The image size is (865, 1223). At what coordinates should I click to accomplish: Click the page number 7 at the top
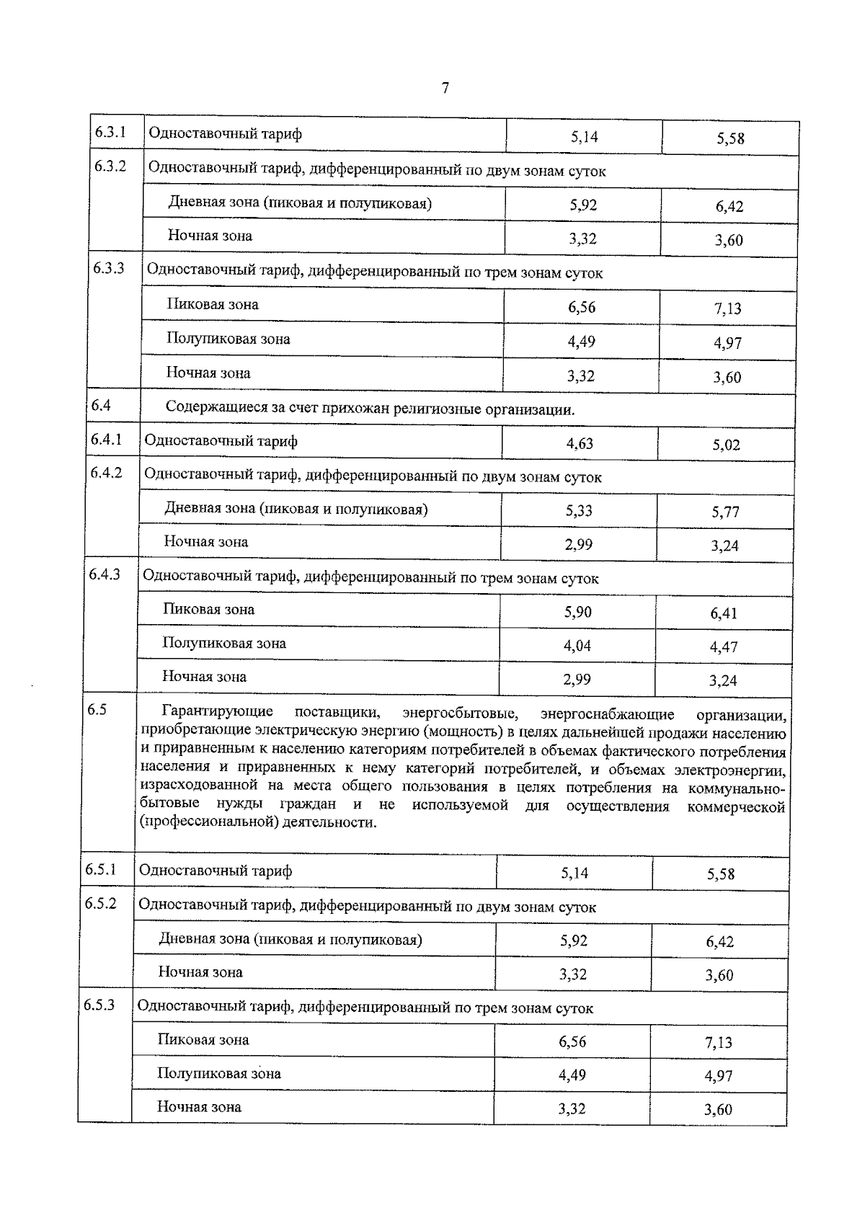pos(445,88)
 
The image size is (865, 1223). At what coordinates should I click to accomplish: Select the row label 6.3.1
pos(110,133)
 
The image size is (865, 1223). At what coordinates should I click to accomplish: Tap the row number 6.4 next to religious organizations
pos(101,405)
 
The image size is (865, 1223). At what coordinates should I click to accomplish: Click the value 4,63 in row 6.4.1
pos(580,443)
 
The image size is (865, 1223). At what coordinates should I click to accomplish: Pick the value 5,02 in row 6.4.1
pos(727,445)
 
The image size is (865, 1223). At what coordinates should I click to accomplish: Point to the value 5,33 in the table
pos(579,510)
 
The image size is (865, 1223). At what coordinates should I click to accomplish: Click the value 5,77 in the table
pos(725,512)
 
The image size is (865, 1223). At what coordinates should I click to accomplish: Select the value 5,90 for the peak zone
pos(578,612)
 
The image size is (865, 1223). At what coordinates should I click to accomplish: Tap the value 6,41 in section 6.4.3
pos(724,613)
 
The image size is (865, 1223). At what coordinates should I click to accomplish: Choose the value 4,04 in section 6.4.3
pos(577,646)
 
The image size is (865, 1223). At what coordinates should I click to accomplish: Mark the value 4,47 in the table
pos(724,647)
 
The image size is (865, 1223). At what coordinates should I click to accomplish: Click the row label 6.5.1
pos(101,869)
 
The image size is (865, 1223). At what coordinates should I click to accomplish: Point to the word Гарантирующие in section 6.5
pos(218,712)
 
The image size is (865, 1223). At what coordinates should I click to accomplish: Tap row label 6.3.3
pos(109,268)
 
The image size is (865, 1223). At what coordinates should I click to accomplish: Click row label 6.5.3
pos(99,1005)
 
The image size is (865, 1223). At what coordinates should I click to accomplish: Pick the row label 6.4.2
pos(106,473)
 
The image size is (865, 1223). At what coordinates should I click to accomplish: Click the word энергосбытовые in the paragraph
pos(460,713)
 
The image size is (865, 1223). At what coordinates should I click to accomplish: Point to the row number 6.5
pos(97,710)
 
